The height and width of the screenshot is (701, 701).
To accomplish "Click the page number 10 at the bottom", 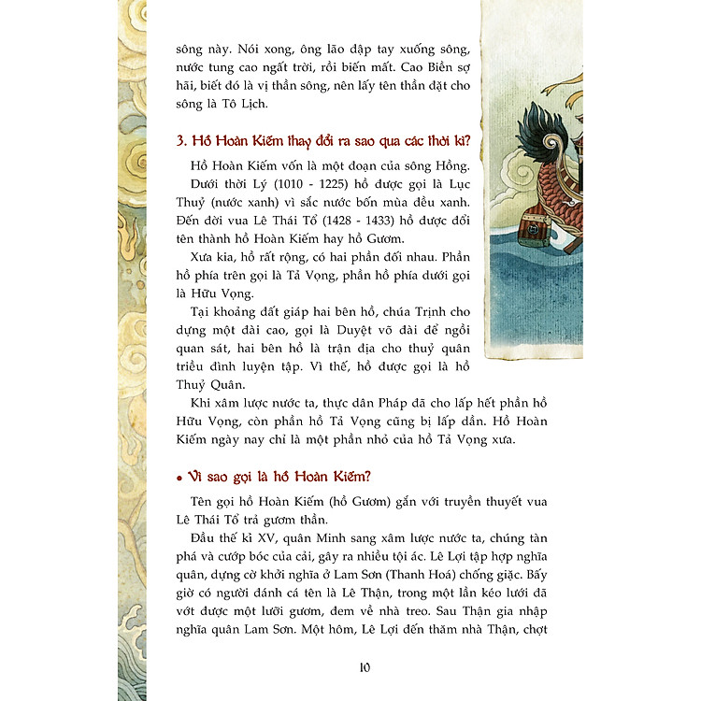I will [x=365, y=666].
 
